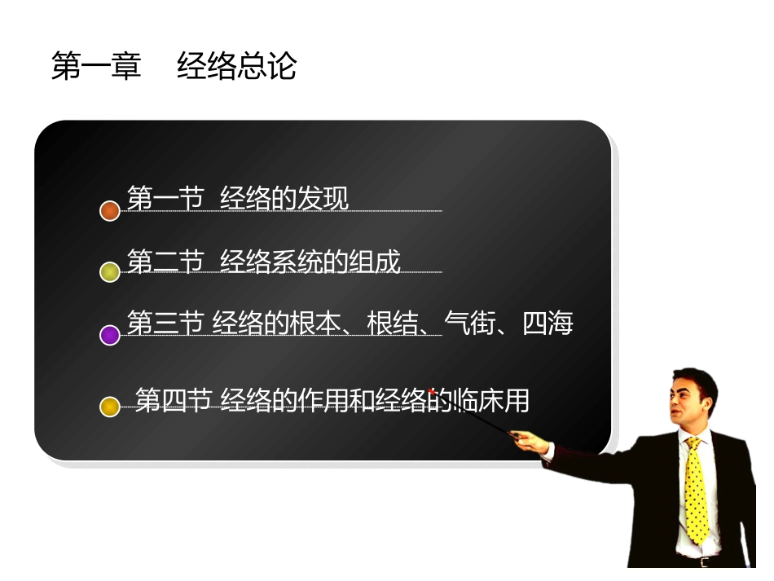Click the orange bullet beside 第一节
pos(110,211)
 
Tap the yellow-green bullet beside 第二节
pos(110,272)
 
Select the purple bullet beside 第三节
pos(110,334)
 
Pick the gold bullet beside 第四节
pos(110,406)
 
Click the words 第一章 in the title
pos(96,67)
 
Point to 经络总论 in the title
pos(237,67)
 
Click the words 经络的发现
pos(284,198)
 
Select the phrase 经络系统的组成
pos(310,262)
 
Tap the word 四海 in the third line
pos(548,324)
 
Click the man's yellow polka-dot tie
pos(697,489)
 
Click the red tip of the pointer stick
pos(432,391)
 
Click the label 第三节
pos(165,324)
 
